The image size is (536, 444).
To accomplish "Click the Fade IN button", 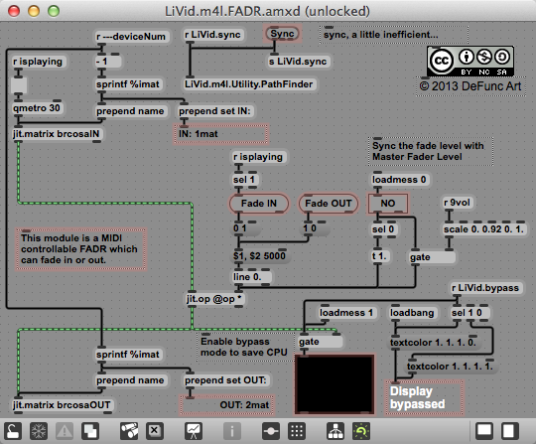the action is tap(259, 204).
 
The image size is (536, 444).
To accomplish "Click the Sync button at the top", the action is tap(282, 34).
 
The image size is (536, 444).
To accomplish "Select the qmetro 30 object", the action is tap(37, 108).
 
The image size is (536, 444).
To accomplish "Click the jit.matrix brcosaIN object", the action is tap(57, 134).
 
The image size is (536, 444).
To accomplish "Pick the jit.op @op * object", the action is tap(214, 299).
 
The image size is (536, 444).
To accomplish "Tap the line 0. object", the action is tap(251, 277).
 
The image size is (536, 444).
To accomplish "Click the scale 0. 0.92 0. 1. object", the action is tap(483, 229).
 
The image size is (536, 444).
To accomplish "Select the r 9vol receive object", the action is tap(457, 203).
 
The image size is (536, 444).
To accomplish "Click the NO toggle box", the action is tap(388, 204).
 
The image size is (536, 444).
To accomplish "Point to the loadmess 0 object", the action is tap(399, 180).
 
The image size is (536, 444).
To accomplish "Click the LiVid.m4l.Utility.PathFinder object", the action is tap(249, 84).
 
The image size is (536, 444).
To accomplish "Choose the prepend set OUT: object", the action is tap(225, 380).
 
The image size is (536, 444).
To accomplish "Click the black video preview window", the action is tap(335, 383).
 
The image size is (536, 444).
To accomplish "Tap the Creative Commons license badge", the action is tap(470, 62).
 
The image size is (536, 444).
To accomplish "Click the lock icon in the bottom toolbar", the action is tap(13, 431).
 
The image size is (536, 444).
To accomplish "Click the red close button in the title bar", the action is tap(14, 11).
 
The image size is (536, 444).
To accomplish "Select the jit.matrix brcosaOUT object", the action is tap(62, 405).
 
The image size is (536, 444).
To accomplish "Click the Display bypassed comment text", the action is tap(417, 397).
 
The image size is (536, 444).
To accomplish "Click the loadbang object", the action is tap(412, 313).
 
